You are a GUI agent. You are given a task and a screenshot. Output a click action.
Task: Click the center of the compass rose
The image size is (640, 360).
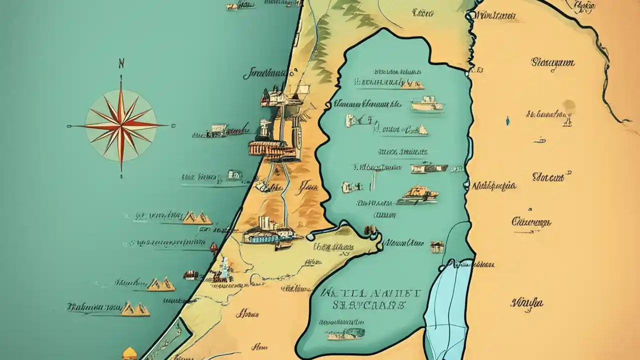point(121,124)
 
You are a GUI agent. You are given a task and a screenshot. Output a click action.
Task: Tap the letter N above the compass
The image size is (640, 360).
point(121,63)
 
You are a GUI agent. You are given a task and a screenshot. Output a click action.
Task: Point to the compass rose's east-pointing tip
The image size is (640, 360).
point(166,125)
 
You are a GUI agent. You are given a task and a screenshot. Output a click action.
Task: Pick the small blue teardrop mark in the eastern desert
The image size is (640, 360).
point(507,120)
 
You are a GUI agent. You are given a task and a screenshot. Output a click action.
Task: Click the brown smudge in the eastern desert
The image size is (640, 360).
point(568,105)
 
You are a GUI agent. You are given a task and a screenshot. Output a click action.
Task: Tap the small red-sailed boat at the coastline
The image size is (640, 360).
point(214,246)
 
